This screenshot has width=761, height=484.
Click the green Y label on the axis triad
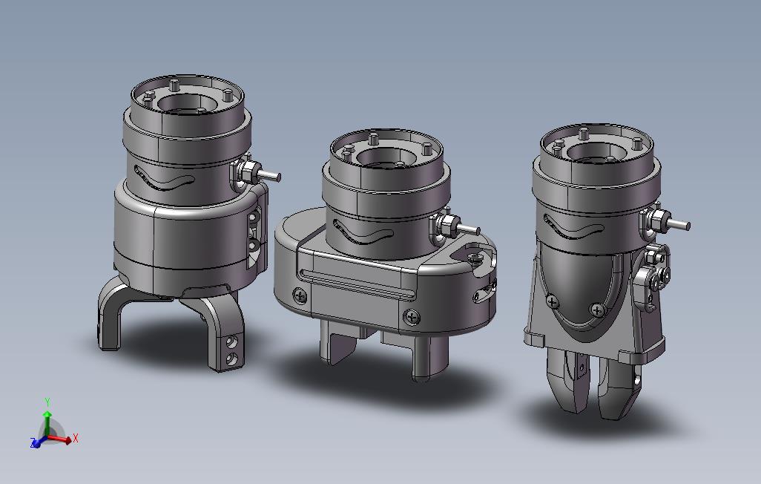pos(47,402)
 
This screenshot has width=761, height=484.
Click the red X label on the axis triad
pos(75,439)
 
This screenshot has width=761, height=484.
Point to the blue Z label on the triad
pos(33,442)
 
